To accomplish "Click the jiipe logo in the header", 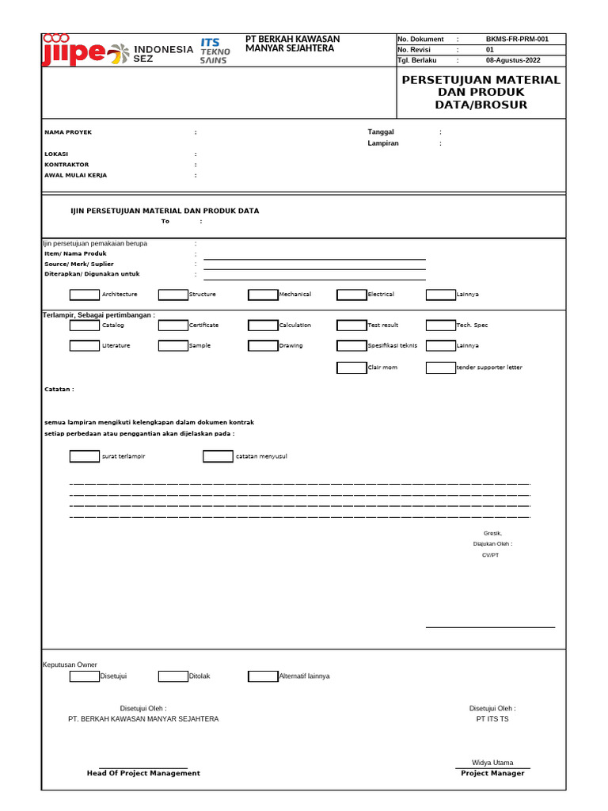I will pyautogui.click(x=73, y=51).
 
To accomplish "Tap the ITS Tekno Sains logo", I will pyautogui.click(x=215, y=50).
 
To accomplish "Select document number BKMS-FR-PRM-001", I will pyautogui.click(x=516, y=39).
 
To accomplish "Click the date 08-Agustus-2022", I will pyautogui.click(x=513, y=59).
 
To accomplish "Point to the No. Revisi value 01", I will pyautogui.click(x=489, y=49).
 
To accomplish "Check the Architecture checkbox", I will pyautogui.click(x=85, y=295).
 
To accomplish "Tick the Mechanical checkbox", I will pyautogui.click(x=263, y=295).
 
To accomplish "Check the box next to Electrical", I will pyautogui.click(x=351, y=295).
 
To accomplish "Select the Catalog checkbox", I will pyautogui.click(x=85, y=325).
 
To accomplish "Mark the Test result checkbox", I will pyautogui.click(x=351, y=325).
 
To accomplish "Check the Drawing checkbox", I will pyautogui.click(x=263, y=345).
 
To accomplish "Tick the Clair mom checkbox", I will pyautogui.click(x=351, y=367).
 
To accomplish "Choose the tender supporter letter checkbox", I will pyautogui.click(x=441, y=367).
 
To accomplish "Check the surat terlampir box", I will pyautogui.click(x=85, y=456).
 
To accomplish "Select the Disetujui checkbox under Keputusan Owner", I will pyautogui.click(x=85, y=676).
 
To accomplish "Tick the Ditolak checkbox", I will pyautogui.click(x=173, y=676).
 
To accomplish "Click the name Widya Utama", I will pyautogui.click(x=492, y=763).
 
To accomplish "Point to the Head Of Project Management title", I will pyautogui.click(x=143, y=773).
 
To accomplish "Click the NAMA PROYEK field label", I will pyautogui.click(x=68, y=132).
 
